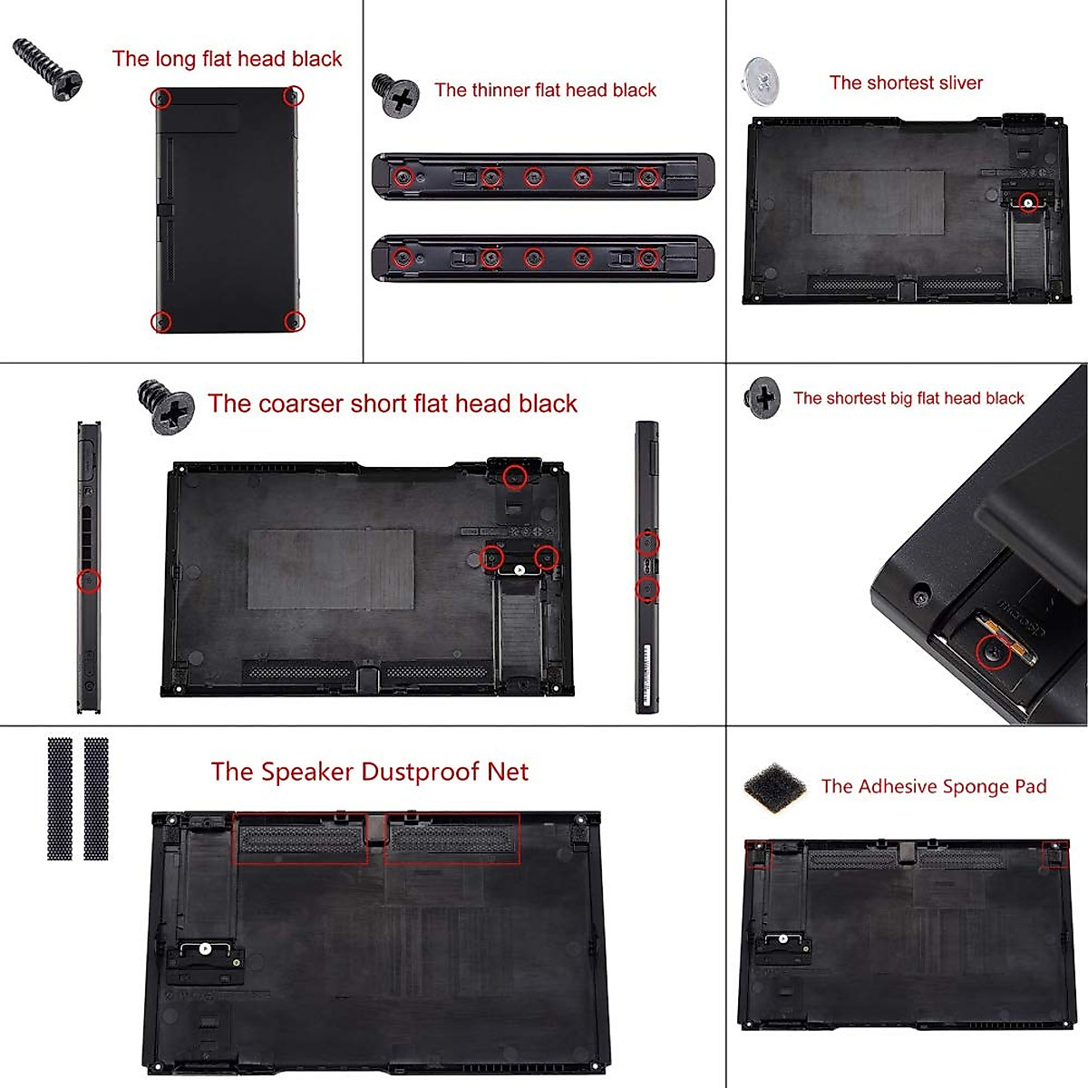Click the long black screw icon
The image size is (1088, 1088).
click(47, 67)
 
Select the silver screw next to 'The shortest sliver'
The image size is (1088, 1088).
click(761, 81)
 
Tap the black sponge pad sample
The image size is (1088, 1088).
click(775, 787)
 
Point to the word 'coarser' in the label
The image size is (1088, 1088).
click(300, 403)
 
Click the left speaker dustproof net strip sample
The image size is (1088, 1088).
click(60, 799)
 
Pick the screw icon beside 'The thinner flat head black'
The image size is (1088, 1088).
click(396, 94)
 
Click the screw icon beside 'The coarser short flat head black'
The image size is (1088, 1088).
click(166, 407)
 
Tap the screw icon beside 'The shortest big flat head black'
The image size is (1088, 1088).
click(763, 397)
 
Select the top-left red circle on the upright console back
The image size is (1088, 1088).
click(160, 97)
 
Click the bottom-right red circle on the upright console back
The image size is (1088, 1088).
click(294, 321)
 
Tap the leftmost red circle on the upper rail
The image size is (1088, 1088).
click(404, 177)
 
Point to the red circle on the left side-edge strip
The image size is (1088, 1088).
click(88, 580)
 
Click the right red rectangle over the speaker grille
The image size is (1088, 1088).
click(452, 838)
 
